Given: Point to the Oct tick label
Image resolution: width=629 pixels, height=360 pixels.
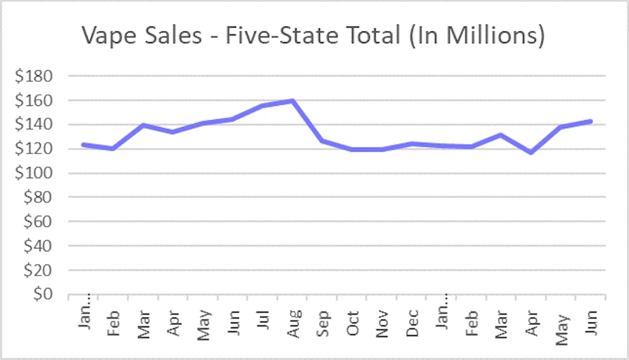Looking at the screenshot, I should point(353,320).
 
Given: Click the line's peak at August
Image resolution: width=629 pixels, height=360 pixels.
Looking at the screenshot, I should point(293,100).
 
